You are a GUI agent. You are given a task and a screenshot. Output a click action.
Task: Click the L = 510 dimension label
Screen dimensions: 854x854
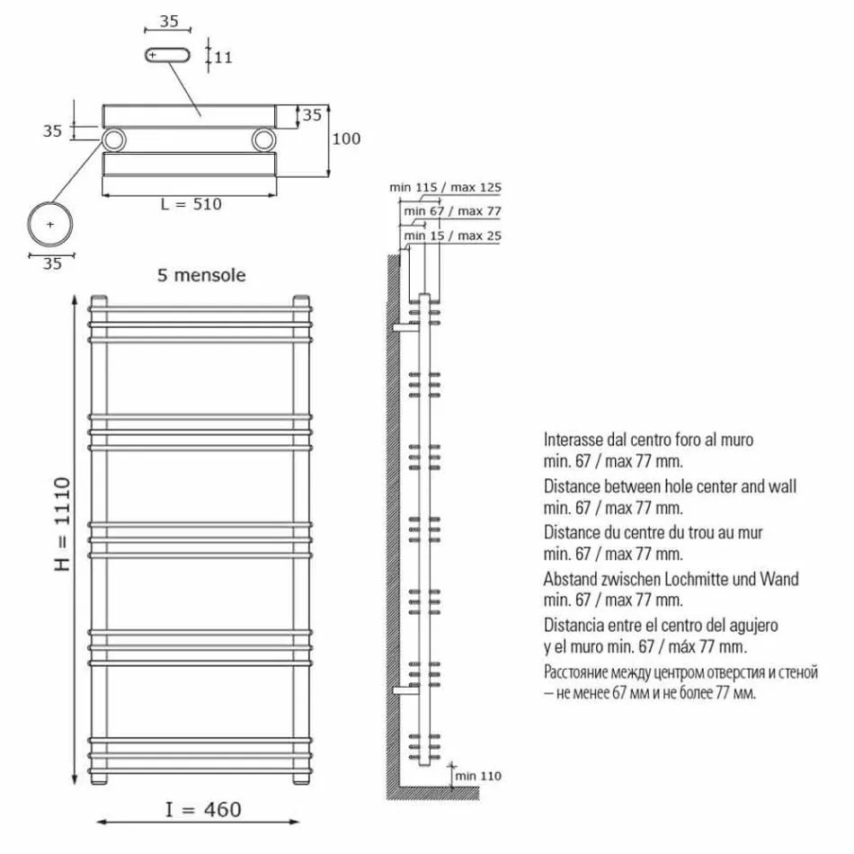[191, 204]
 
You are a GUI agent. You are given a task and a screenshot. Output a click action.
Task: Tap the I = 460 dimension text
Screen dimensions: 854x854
[203, 810]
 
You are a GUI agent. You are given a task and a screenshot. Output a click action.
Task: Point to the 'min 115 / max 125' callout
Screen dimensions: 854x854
[445, 188]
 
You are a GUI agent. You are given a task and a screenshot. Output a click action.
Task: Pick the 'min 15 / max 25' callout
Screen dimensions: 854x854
[453, 236]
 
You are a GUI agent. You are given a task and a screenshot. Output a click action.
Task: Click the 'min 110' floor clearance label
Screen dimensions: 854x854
[478, 775]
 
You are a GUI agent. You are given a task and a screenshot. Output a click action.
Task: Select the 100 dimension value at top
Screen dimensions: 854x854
[346, 138]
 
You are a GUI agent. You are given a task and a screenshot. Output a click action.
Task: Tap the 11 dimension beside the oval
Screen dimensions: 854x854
[224, 57]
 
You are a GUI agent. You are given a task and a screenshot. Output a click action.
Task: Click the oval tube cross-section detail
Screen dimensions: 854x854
[168, 56]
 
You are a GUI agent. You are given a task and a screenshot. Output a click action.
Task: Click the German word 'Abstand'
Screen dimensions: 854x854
[570, 580]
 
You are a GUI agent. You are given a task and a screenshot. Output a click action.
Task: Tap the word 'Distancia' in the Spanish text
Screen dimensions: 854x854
[575, 626]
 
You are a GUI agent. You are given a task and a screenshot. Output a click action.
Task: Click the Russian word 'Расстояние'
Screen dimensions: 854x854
[580, 672]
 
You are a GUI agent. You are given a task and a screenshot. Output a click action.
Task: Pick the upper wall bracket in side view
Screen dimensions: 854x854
[405, 328]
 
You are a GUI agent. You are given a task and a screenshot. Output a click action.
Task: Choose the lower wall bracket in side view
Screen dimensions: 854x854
[405, 689]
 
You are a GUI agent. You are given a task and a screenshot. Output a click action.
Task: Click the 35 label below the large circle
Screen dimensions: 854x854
[51, 263]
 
